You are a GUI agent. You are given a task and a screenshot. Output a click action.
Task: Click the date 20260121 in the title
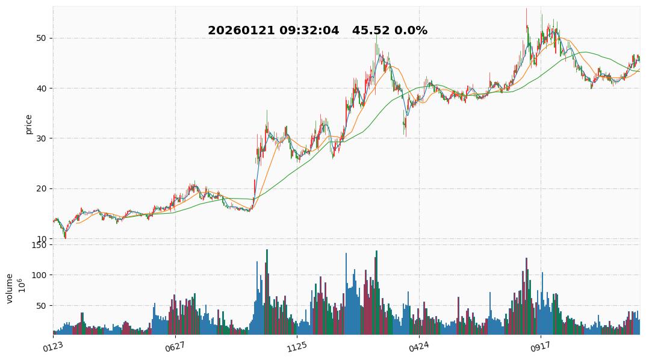click(241, 31)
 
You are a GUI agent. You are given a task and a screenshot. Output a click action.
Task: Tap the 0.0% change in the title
click(411, 31)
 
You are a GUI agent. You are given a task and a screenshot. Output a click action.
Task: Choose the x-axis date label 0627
click(175, 346)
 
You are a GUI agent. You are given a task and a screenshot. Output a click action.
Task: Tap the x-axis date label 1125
click(297, 346)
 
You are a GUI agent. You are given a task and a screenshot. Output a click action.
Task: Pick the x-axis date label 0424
click(418, 346)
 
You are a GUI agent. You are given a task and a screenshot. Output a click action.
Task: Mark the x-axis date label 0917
click(540, 346)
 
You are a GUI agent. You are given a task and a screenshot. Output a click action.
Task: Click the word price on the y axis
click(28, 125)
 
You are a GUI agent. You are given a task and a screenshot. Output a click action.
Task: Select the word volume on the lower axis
click(10, 288)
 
